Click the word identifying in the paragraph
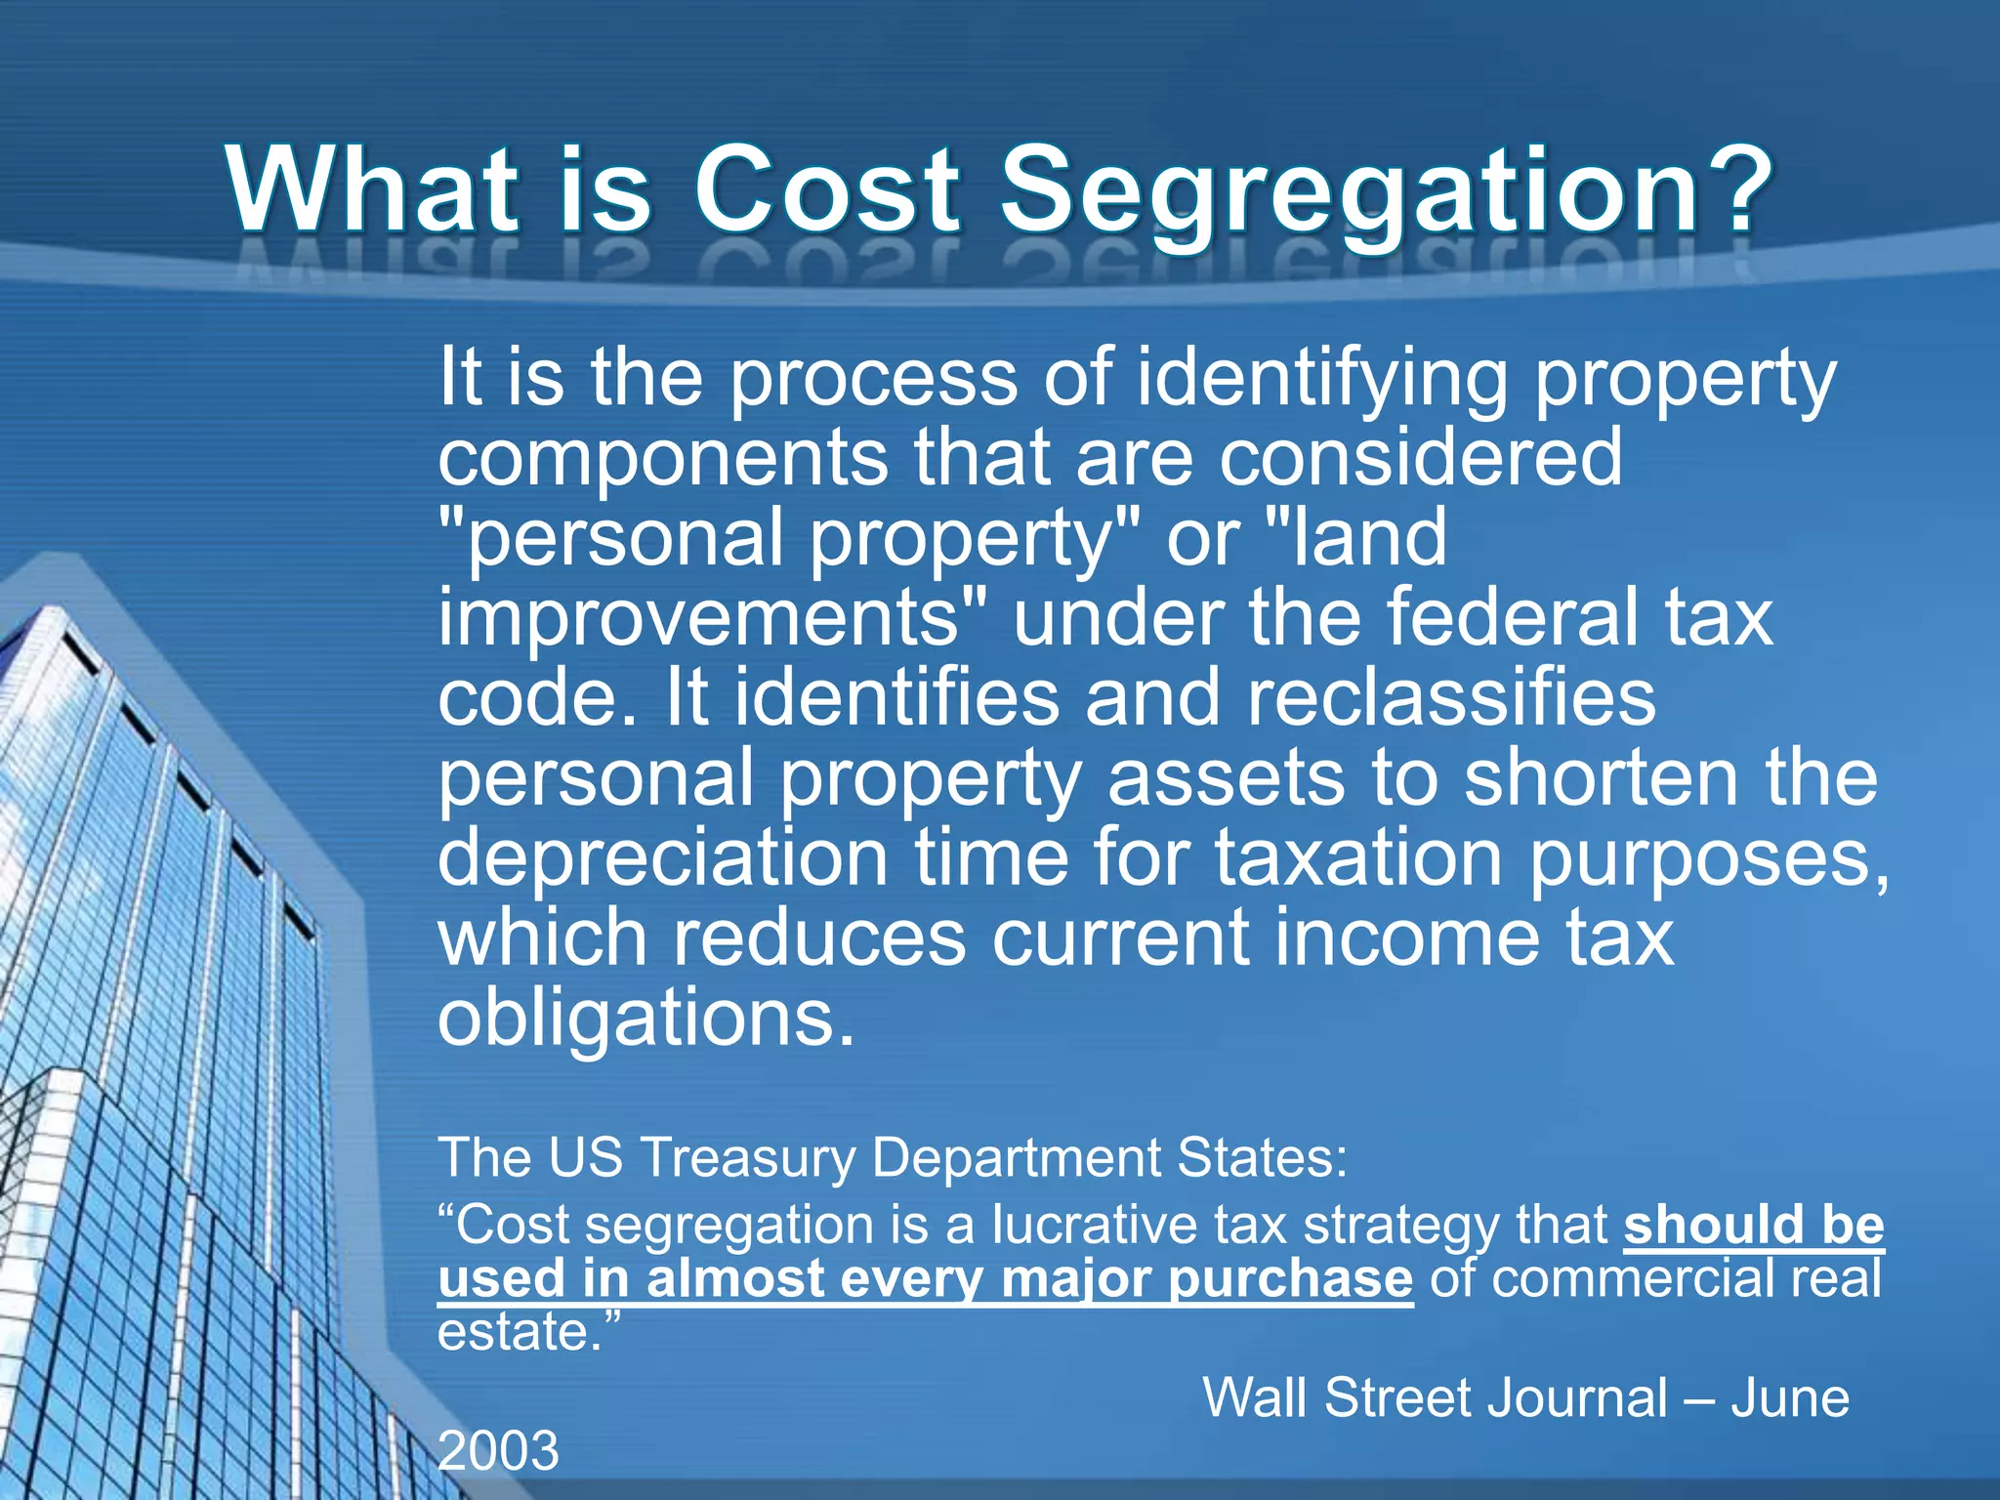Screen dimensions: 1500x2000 pos(1323,379)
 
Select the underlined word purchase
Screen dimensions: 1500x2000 pos(1290,1278)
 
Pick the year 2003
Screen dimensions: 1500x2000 pos(498,1450)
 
